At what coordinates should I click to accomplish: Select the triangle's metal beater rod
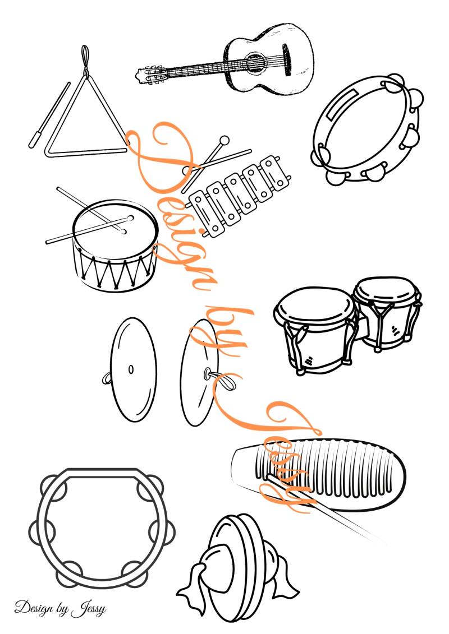[49, 115]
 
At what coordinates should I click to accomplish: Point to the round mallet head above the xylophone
[223, 141]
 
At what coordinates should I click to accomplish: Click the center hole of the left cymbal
[131, 369]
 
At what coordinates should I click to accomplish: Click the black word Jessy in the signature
[89, 609]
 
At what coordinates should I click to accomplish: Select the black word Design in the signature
[34, 608]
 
